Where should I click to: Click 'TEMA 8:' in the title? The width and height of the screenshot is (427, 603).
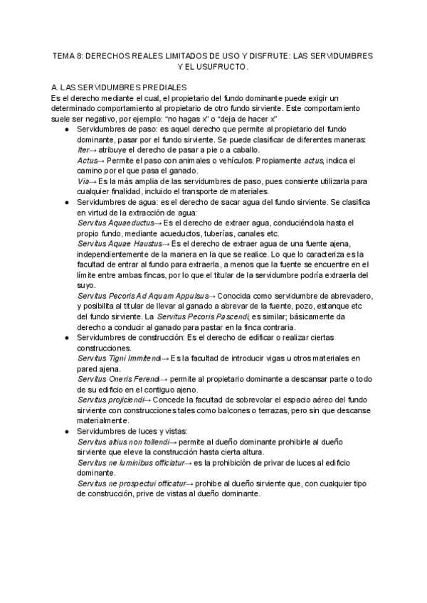(x=70, y=55)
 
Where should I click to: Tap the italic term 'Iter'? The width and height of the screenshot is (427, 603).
(x=83, y=150)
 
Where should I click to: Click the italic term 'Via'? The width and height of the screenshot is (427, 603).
(x=83, y=181)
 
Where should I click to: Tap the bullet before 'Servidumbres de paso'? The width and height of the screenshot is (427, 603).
(x=66, y=129)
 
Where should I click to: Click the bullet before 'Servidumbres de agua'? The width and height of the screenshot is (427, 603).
(x=66, y=203)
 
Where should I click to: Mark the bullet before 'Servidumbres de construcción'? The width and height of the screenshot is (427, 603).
(x=66, y=338)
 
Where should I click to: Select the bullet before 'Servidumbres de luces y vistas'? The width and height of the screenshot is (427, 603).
(x=66, y=432)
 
